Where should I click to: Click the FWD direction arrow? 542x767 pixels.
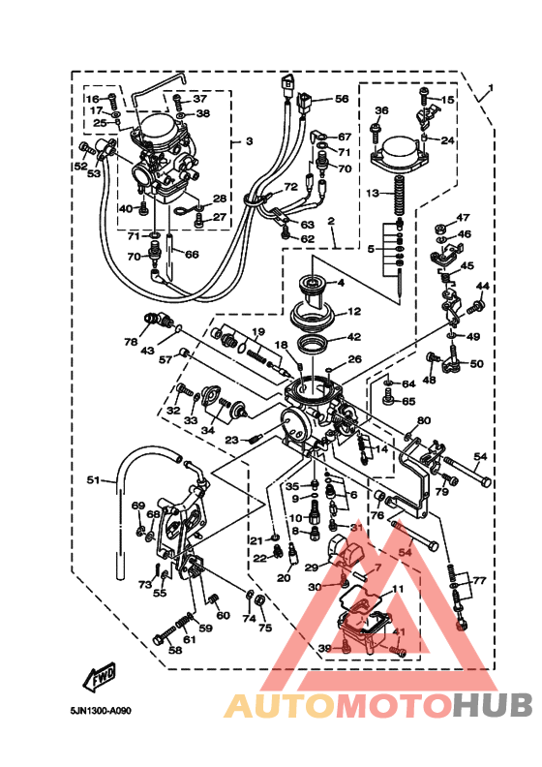pyautogui.click(x=100, y=679)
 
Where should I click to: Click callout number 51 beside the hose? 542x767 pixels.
pyautogui.click(x=93, y=480)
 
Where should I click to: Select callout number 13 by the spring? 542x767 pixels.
pyautogui.click(x=372, y=194)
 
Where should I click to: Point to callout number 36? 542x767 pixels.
pyautogui.click(x=380, y=110)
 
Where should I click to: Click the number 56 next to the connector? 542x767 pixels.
pyautogui.click(x=342, y=99)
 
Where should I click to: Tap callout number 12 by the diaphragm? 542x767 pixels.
pyautogui.click(x=354, y=312)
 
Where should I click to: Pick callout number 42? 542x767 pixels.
pyautogui.click(x=354, y=337)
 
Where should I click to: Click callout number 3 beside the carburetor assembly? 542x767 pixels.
pyautogui.click(x=249, y=141)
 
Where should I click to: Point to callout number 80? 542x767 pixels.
pyautogui.click(x=422, y=421)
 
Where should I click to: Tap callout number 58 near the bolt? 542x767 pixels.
pyautogui.click(x=174, y=650)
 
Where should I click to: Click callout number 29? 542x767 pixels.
pyautogui.click(x=312, y=568)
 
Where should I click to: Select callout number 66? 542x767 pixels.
pyautogui.click(x=192, y=255)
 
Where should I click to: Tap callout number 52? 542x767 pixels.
pyautogui.click(x=80, y=167)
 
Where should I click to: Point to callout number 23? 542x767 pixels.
pyautogui.click(x=231, y=440)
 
